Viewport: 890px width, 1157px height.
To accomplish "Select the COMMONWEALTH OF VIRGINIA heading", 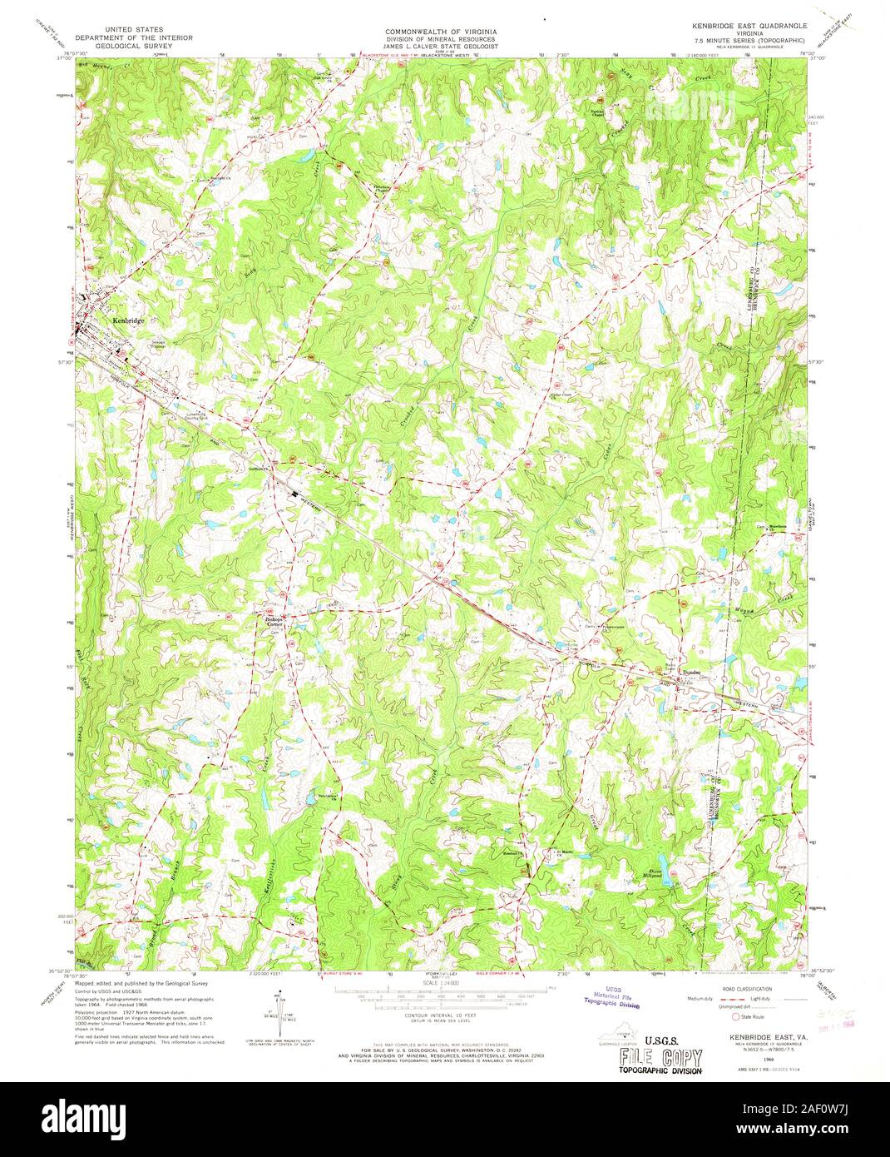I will [x=440, y=30].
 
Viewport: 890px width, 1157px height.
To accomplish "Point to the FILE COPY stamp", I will [x=660, y=1057].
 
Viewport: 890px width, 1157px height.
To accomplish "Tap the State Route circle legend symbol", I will [x=734, y=1016].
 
